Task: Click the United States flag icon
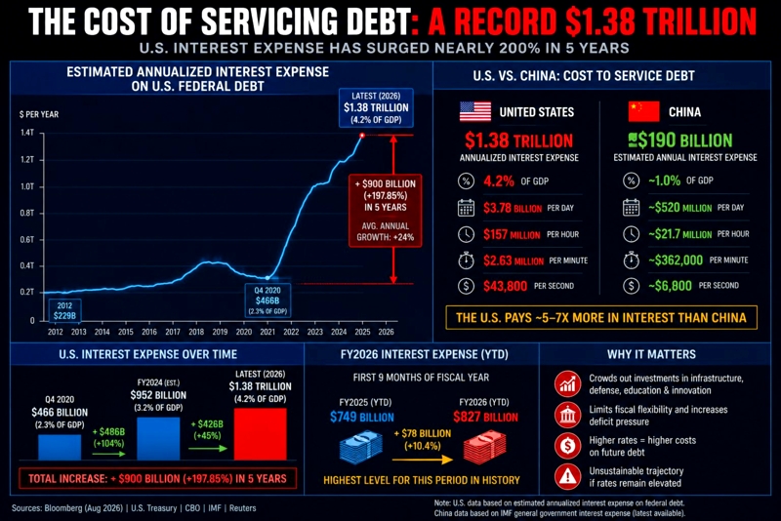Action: tap(475, 112)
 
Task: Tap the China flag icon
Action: tap(643, 111)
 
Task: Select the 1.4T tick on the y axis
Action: tap(27, 133)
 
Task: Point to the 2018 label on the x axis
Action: tap(196, 332)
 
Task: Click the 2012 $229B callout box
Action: tap(64, 310)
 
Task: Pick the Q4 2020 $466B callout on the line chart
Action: tap(267, 301)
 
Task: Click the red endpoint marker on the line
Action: tap(362, 136)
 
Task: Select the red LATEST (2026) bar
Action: tap(260, 434)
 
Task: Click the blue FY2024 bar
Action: tap(158, 438)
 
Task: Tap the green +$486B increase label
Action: tap(108, 437)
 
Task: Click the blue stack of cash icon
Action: tap(360, 447)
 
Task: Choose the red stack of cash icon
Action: tap(484, 447)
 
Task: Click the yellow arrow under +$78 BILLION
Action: tap(423, 459)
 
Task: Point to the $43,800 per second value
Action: tap(505, 286)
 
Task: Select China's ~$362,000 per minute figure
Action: tap(676, 260)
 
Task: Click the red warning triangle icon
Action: tap(567, 477)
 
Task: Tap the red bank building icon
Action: tap(567, 415)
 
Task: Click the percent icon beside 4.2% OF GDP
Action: tap(467, 180)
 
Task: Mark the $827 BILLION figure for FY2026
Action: tap(485, 417)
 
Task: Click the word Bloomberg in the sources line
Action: tap(63, 508)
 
